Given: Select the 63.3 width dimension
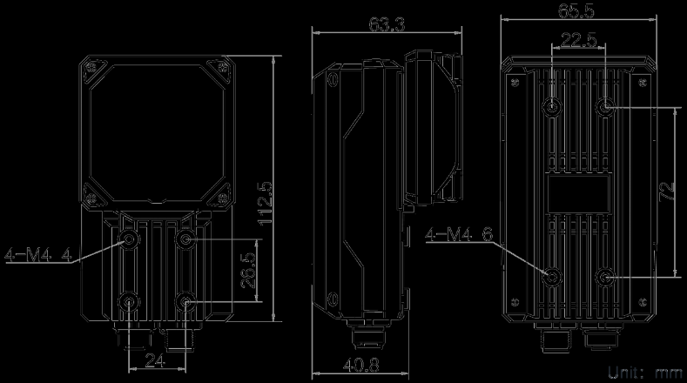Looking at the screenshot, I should pos(386,24).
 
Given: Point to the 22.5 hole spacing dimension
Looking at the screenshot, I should pos(578,39).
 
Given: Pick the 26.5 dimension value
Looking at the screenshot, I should pos(249,270).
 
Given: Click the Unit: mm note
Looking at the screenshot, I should pos(645,373).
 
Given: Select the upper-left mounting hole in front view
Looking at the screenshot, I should pos(130,239).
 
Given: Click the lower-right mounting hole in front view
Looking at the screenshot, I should pos(184,302).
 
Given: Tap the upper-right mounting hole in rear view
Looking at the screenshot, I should pos(605,107).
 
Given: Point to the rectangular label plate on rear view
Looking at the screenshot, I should pos(579,192).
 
